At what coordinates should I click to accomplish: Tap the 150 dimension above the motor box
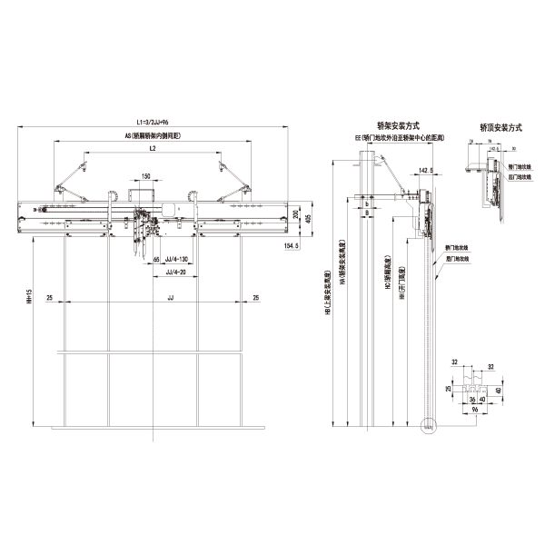point(145,177)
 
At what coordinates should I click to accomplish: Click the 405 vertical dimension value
point(308,218)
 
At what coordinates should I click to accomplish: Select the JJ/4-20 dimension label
point(176,272)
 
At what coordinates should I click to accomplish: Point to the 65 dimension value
point(157,260)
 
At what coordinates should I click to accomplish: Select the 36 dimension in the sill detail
point(471,398)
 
